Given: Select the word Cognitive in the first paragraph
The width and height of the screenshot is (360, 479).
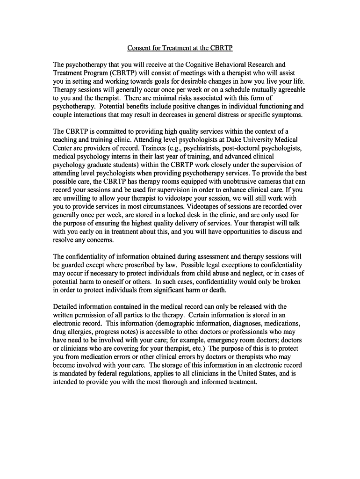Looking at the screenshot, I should click(200, 65).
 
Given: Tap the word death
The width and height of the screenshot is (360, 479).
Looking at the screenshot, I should click(217, 290).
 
